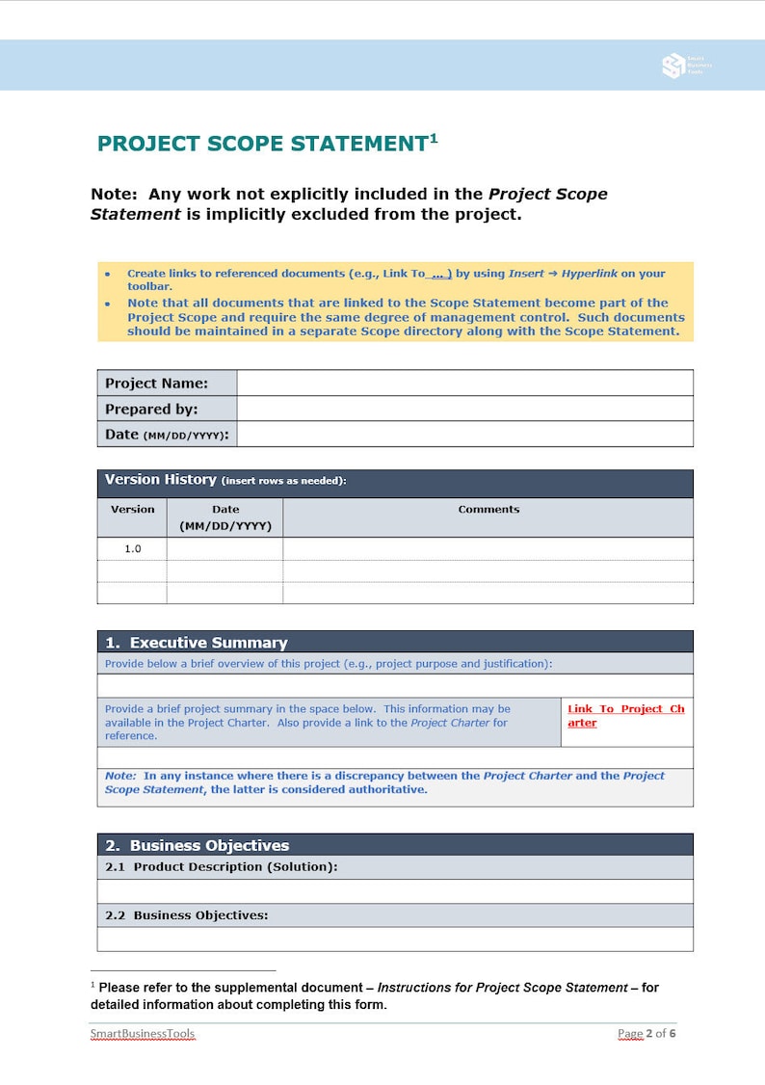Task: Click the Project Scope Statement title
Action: tap(261, 145)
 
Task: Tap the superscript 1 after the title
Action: tap(434, 138)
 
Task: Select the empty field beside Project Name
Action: tap(464, 383)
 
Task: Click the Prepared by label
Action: tap(151, 409)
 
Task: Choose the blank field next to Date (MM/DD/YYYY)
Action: tap(464, 435)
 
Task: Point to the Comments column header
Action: tap(488, 510)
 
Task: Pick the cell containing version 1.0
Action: tap(132, 548)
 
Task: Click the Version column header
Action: tap(132, 510)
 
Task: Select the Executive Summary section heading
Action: tap(208, 643)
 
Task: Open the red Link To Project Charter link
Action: tap(625, 716)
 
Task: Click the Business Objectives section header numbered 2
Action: tap(209, 845)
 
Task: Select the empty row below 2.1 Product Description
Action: tap(395, 891)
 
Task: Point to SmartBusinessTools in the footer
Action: tap(143, 1034)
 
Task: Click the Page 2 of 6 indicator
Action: tap(646, 1034)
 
